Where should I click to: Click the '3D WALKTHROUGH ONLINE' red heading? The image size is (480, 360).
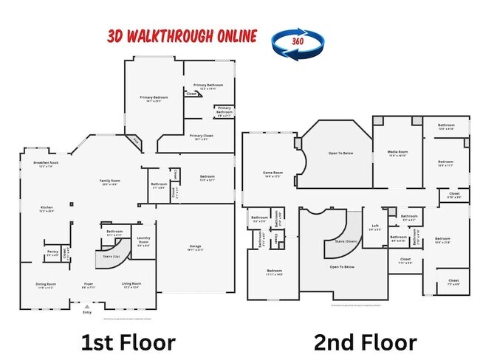(x=182, y=35)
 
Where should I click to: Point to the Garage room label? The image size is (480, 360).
(x=195, y=249)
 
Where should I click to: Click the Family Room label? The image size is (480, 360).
(x=111, y=181)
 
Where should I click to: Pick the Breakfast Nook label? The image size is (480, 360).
(x=46, y=163)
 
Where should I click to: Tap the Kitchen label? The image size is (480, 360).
(x=47, y=209)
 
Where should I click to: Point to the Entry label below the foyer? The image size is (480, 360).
(x=88, y=312)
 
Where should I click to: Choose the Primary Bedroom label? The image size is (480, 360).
(x=154, y=97)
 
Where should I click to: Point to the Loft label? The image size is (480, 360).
(x=375, y=227)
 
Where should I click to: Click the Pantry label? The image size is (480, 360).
(x=52, y=252)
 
